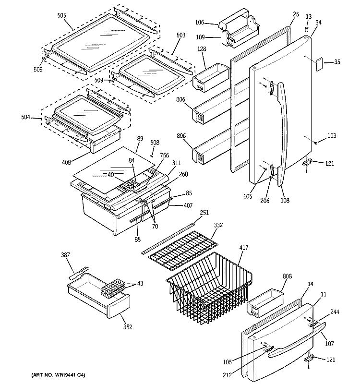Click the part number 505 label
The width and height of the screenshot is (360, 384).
(x=61, y=15)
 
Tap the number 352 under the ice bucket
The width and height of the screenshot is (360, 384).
(x=127, y=327)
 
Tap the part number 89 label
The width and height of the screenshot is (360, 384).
(x=140, y=138)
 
